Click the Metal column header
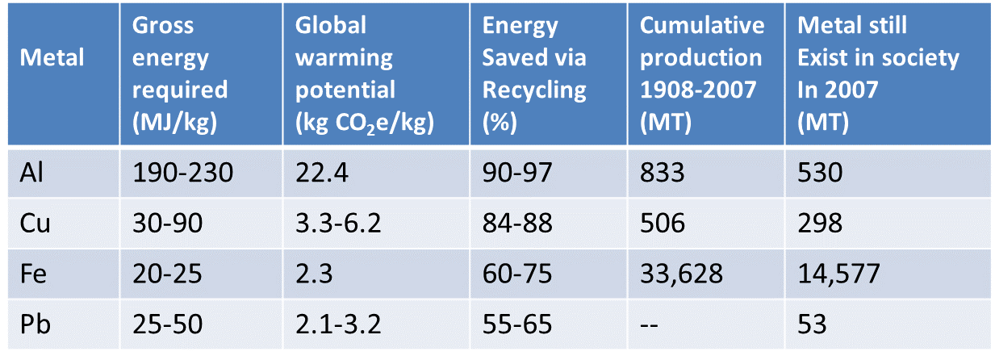pos(52,58)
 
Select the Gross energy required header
pos(181,73)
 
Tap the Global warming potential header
pos(365,73)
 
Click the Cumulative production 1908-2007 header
pos(702,73)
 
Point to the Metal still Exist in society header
pos(878,73)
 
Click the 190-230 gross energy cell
pos(185,173)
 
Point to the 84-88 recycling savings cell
pos(517,224)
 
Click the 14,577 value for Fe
pos(838,274)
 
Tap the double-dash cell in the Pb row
pos(651,324)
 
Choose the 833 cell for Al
pos(663,173)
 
